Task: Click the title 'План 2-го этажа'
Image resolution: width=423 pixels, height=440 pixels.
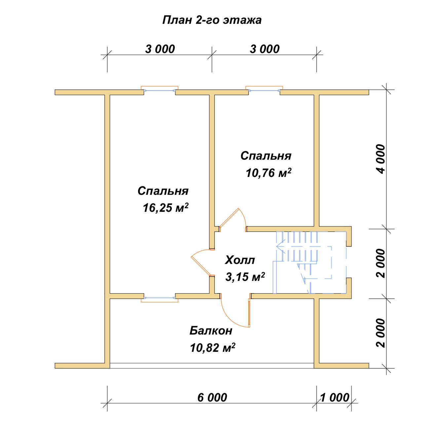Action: pos(211,20)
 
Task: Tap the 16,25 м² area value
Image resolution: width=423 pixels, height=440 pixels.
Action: pos(166,208)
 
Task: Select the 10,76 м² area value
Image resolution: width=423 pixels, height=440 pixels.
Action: pos(268,173)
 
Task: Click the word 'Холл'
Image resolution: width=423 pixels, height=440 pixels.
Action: pos(240,260)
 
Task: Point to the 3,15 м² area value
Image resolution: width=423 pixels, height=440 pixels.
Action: pos(245,277)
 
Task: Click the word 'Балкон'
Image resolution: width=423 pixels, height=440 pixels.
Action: pos(211,330)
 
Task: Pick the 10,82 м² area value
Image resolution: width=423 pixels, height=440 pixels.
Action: pos(212,348)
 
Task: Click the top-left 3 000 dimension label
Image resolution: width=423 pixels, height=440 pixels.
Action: pos(160,49)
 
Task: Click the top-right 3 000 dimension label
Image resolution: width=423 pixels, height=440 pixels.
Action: pos(265,49)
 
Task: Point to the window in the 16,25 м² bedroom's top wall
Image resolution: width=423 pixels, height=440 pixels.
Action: pos(160,90)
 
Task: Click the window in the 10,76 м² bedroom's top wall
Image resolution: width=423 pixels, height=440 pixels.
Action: pos(264,90)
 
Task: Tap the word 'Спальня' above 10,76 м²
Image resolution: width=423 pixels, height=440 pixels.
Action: pos(266,156)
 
